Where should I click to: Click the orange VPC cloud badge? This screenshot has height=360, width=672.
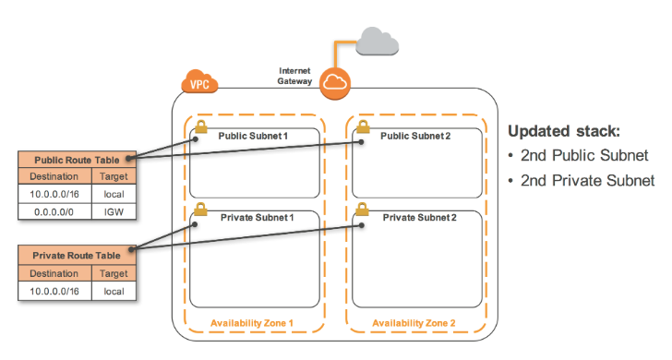pyautogui.click(x=199, y=81)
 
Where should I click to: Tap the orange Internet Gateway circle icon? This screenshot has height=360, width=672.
pyautogui.click(x=335, y=83)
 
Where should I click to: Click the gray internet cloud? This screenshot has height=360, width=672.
pyautogui.click(x=378, y=42)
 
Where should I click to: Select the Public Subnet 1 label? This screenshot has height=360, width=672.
pyautogui.click(x=253, y=137)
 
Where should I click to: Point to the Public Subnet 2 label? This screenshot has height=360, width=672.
pyautogui.click(x=415, y=137)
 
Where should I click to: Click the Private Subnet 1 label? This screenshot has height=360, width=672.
pyautogui.click(x=258, y=218)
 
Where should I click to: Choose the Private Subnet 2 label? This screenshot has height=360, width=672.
pyautogui.click(x=420, y=218)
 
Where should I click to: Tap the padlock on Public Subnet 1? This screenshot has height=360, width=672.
pyautogui.click(x=201, y=126)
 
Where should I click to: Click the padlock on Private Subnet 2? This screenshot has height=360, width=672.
pyautogui.click(x=362, y=210)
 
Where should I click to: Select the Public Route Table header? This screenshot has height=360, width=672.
pyautogui.click(x=78, y=160)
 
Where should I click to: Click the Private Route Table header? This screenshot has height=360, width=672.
pyautogui.click(x=78, y=256)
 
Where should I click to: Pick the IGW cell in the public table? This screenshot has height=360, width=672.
pyautogui.click(x=114, y=211)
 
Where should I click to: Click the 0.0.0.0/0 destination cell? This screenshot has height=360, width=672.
pyautogui.click(x=54, y=211)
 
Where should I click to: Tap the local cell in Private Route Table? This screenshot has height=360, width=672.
pyautogui.click(x=114, y=291)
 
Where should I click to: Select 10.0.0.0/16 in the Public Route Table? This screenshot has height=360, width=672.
pyautogui.click(x=54, y=194)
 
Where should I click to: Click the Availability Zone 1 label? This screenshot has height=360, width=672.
pyautogui.click(x=252, y=323)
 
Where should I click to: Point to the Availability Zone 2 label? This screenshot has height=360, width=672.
pyautogui.click(x=414, y=323)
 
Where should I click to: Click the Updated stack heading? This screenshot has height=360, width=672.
pyautogui.click(x=564, y=131)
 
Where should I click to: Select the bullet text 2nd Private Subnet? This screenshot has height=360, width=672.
pyautogui.click(x=588, y=180)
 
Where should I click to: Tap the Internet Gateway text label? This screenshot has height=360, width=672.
pyautogui.click(x=294, y=76)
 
